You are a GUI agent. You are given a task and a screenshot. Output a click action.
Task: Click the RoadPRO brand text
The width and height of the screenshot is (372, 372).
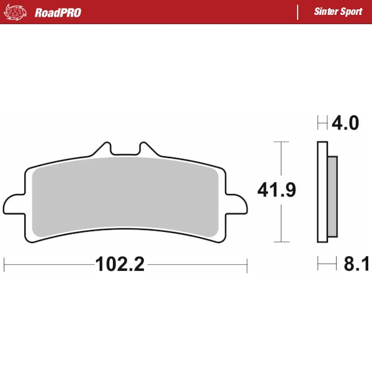point(58,12)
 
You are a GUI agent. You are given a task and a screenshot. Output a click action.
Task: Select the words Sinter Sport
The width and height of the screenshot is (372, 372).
point(338,12)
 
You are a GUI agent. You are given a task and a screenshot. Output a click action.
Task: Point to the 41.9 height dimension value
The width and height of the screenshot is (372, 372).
point(277,190)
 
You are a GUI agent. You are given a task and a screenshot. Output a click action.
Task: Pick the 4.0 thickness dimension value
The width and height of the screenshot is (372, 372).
point(345,123)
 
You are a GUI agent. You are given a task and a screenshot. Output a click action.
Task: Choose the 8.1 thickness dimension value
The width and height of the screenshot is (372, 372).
point(356,265)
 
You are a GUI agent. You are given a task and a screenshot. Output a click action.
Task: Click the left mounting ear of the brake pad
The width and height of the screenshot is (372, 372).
point(12,205)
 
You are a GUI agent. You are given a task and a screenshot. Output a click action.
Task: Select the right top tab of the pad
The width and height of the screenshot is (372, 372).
point(147,149)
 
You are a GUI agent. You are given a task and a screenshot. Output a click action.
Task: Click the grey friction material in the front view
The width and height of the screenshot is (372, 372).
point(124,195)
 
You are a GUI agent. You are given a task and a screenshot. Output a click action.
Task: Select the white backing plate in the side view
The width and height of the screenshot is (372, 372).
point(321,192)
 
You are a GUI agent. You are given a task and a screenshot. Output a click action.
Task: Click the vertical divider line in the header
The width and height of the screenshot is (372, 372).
point(298,12)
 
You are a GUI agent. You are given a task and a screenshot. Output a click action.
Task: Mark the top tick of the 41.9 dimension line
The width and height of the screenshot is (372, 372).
point(282,142)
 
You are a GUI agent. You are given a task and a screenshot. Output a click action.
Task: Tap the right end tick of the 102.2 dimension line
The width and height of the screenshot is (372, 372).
point(247,265)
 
